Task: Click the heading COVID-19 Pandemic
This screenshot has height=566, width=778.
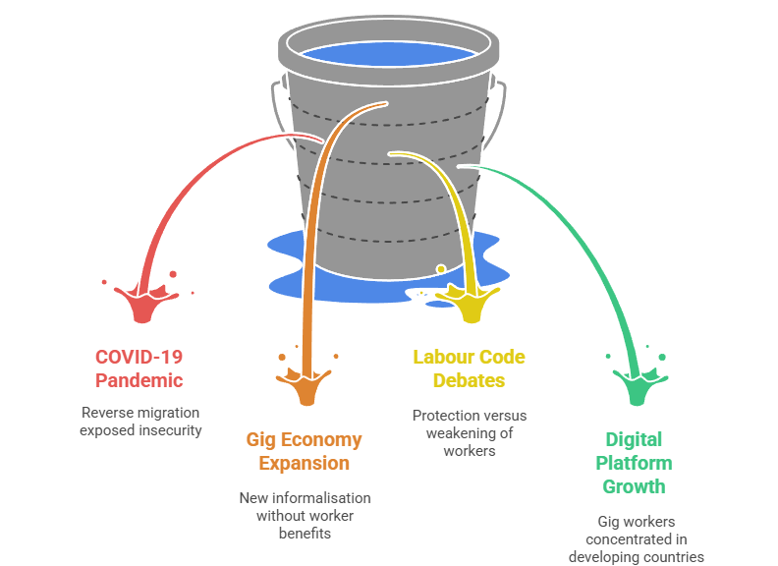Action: (139, 368)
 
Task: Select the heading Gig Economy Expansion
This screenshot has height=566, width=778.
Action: (304, 451)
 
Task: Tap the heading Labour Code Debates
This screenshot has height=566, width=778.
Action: (469, 368)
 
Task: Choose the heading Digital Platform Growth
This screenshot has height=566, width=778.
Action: (634, 463)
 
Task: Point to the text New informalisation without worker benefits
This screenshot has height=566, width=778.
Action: (305, 516)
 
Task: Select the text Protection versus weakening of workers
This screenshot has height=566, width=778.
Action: (469, 433)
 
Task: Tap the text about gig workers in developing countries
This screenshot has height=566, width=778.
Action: (636, 539)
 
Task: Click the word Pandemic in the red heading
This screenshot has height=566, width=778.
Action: (139, 380)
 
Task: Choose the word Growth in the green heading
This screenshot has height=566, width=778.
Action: (634, 486)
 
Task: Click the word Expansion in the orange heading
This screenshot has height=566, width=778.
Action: (304, 463)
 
